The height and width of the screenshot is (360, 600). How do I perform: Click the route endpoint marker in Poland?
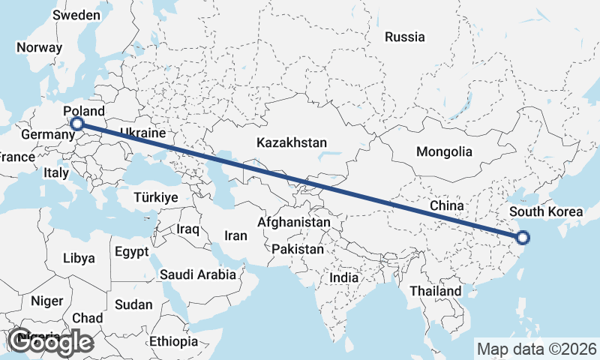click(x=76, y=124)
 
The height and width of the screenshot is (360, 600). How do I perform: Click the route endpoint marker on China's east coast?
click(x=523, y=238)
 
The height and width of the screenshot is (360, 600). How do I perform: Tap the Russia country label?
click(x=404, y=37)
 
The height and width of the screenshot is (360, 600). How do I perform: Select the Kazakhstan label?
click(x=292, y=142)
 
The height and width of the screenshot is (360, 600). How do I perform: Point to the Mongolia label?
click(x=445, y=151)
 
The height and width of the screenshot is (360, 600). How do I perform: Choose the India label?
click(x=344, y=277)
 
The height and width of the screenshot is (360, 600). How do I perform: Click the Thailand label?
click(x=436, y=290)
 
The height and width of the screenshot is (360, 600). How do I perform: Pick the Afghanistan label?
click(x=294, y=223)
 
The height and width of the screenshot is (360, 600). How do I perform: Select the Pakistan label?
click(x=298, y=248)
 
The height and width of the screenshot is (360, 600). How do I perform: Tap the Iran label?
click(x=235, y=235)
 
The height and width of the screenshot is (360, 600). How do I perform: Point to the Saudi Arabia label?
click(x=198, y=274)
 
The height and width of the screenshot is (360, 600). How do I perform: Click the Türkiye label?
click(x=155, y=198)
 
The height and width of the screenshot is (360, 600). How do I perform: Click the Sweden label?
click(x=76, y=15)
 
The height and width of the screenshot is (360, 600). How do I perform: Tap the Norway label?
click(x=39, y=46)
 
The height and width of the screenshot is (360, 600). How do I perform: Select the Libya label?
click(x=79, y=258)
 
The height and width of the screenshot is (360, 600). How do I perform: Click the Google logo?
click(x=52, y=342)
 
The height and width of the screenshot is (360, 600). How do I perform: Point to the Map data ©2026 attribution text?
click(x=536, y=349)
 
